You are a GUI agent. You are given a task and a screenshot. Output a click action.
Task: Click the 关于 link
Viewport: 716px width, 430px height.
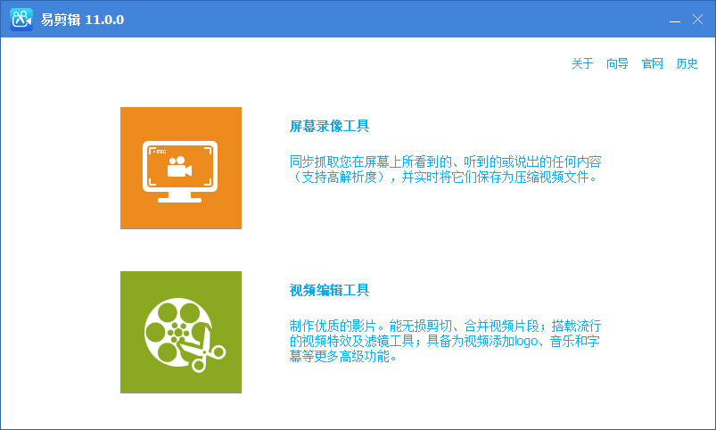click(582, 63)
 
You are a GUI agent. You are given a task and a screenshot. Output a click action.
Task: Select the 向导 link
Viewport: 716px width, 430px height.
click(617, 63)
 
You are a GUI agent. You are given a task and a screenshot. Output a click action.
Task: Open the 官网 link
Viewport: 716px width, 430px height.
click(653, 63)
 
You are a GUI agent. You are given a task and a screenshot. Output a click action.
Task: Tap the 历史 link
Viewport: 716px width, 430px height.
click(687, 63)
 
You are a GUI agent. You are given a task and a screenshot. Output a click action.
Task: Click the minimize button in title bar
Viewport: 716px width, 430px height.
click(675, 20)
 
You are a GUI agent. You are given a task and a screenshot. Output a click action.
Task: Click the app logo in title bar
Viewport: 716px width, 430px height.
click(21, 20)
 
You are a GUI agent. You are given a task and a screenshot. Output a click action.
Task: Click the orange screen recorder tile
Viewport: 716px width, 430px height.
click(181, 168)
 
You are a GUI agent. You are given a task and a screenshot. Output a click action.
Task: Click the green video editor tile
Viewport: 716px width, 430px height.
click(181, 332)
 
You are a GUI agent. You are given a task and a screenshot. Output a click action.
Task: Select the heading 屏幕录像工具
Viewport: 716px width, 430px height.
click(329, 127)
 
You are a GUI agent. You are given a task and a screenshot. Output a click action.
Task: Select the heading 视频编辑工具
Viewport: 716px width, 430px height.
click(329, 291)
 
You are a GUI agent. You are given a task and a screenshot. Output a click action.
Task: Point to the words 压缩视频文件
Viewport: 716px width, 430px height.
click(555, 177)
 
